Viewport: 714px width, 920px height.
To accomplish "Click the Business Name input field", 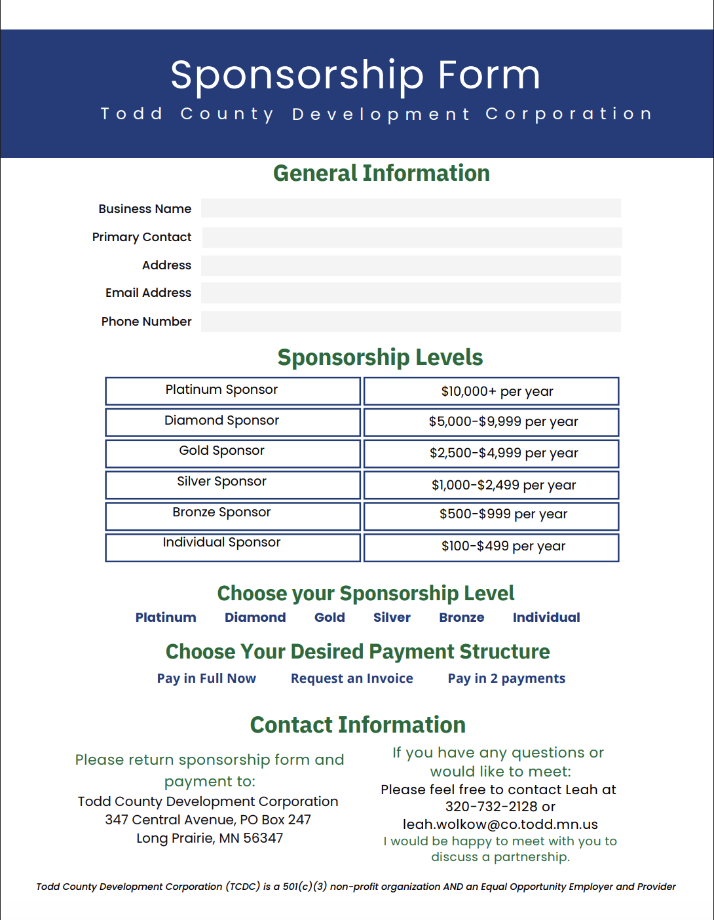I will coord(411,208).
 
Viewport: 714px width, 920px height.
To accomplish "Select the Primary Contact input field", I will coord(411,237).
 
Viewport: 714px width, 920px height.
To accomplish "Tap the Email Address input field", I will coord(411,293).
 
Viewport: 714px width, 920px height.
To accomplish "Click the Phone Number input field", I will coord(411,322).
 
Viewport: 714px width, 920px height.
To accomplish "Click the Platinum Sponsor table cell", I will coord(233,391).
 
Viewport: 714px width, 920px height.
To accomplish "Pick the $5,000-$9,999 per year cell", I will coord(491,422).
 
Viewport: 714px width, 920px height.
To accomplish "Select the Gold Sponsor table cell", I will coord(233,453).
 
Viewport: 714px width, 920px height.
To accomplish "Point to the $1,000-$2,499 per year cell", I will coord(491,485).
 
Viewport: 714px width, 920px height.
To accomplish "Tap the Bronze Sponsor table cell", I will coord(233,516).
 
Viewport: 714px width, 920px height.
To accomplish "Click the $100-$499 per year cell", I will coord(491,547).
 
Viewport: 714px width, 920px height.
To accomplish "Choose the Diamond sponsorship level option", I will coord(255,617).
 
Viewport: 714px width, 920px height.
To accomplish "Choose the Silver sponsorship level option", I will coord(392,617).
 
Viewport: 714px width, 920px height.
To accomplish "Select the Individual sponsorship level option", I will coord(546,617).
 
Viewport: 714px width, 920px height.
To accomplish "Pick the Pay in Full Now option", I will coord(206,678).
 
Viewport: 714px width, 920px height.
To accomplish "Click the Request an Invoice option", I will coord(352,678).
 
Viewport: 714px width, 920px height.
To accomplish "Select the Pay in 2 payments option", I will coord(506,678).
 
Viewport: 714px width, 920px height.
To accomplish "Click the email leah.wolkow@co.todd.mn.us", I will coord(500,824).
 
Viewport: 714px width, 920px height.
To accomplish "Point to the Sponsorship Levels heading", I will coord(380,357).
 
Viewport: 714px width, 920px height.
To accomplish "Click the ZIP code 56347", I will coord(263,838).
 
